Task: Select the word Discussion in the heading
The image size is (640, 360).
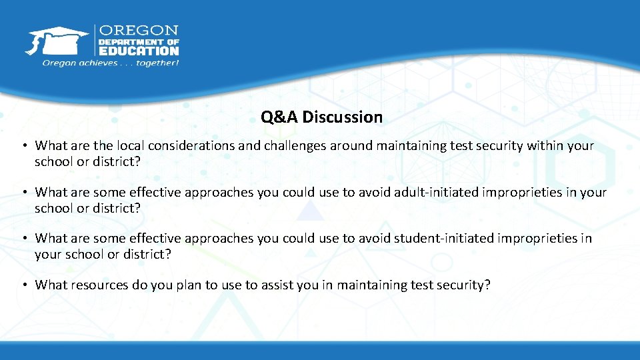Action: (x=343, y=117)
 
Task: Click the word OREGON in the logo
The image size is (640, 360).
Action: (x=139, y=30)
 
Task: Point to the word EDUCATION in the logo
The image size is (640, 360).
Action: (x=139, y=50)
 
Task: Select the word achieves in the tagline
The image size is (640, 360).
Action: (x=95, y=63)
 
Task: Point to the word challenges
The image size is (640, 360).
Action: (x=292, y=145)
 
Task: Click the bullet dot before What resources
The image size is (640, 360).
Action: (x=23, y=285)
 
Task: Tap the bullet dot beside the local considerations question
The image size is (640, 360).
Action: (x=23, y=146)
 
